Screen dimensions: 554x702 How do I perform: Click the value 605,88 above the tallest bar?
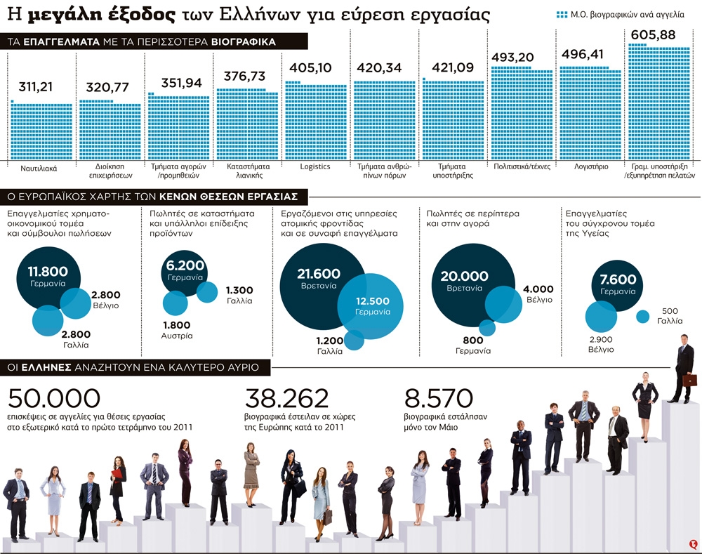(x=654, y=34)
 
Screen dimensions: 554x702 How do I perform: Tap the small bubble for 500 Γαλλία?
(x=642, y=317)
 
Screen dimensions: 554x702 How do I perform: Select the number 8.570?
(x=439, y=399)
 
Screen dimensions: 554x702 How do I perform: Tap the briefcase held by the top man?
(x=690, y=380)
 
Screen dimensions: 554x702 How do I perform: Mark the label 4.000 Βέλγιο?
(x=538, y=294)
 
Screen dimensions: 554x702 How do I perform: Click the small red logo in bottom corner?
(x=692, y=543)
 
